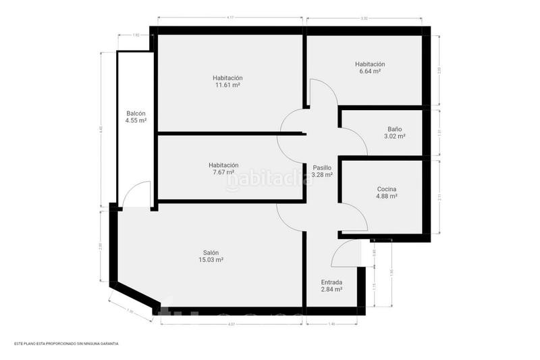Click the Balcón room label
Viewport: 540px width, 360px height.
click(x=136, y=113)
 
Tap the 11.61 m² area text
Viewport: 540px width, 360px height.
click(x=227, y=86)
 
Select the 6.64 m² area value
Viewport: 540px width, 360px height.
click(x=370, y=72)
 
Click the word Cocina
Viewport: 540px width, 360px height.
click(x=386, y=188)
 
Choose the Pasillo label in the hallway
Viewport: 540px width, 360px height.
click(x=322, y=167)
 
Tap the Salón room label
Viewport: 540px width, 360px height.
click(x=211, y=253)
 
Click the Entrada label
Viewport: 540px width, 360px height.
click(x=331, y=282)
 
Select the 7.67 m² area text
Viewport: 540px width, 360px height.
click(x=223, y=173)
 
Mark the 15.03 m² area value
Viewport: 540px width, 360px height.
click(x=211, y=260)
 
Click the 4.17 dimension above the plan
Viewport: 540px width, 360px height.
click(x=231, y=18)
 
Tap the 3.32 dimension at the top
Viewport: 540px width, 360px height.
click(x=364, y=18)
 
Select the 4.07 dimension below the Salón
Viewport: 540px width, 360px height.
click(x=231, y=324)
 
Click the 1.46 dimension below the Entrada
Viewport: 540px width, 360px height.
click(x=331, y=324)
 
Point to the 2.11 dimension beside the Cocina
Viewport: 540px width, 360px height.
click(x=439, y=198)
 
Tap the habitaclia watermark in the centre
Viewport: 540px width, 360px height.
click(x=269, y=180)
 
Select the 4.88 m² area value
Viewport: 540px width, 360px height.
click(x=386, y=197)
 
